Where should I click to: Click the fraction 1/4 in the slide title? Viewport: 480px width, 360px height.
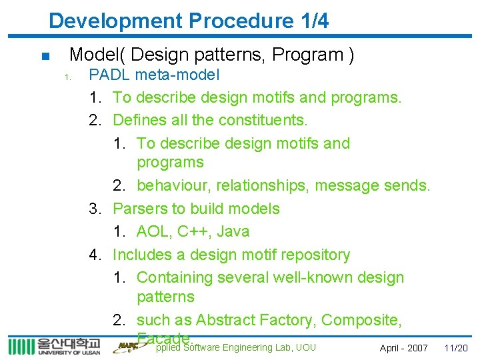(311, 21)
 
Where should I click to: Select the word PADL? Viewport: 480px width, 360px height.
(111, 75)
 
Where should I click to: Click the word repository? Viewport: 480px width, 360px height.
(313, 255)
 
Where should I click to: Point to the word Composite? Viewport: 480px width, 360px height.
(361, 320)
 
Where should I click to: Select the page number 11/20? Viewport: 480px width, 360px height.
(456, 348)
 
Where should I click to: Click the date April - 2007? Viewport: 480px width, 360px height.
(403, 348)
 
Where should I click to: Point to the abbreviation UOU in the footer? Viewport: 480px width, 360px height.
(305, 347)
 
